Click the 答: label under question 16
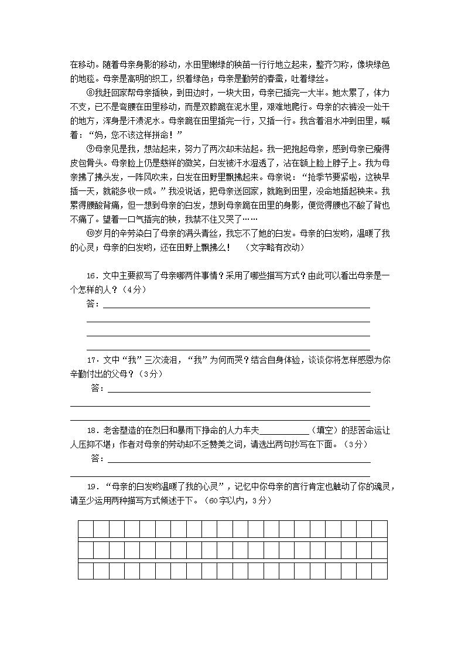[93, 304]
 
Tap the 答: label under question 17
[98, 388]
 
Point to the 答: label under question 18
[98, 458]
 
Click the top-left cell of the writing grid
[86, 529]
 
